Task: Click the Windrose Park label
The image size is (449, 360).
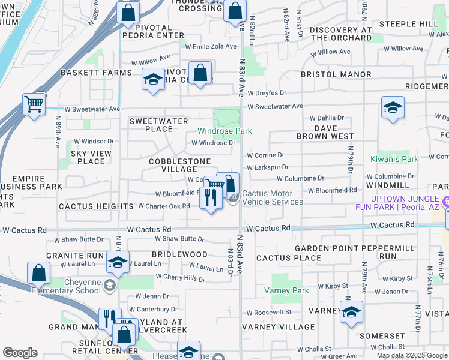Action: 225,131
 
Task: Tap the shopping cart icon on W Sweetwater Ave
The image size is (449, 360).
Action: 34,103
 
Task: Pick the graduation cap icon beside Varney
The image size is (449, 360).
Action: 351,311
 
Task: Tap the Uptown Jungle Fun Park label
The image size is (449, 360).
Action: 406,202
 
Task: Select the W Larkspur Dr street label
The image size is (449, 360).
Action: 264,167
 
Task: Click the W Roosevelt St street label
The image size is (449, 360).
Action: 272,312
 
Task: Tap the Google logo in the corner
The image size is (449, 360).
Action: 20,353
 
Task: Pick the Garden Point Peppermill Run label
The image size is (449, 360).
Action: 354,252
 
